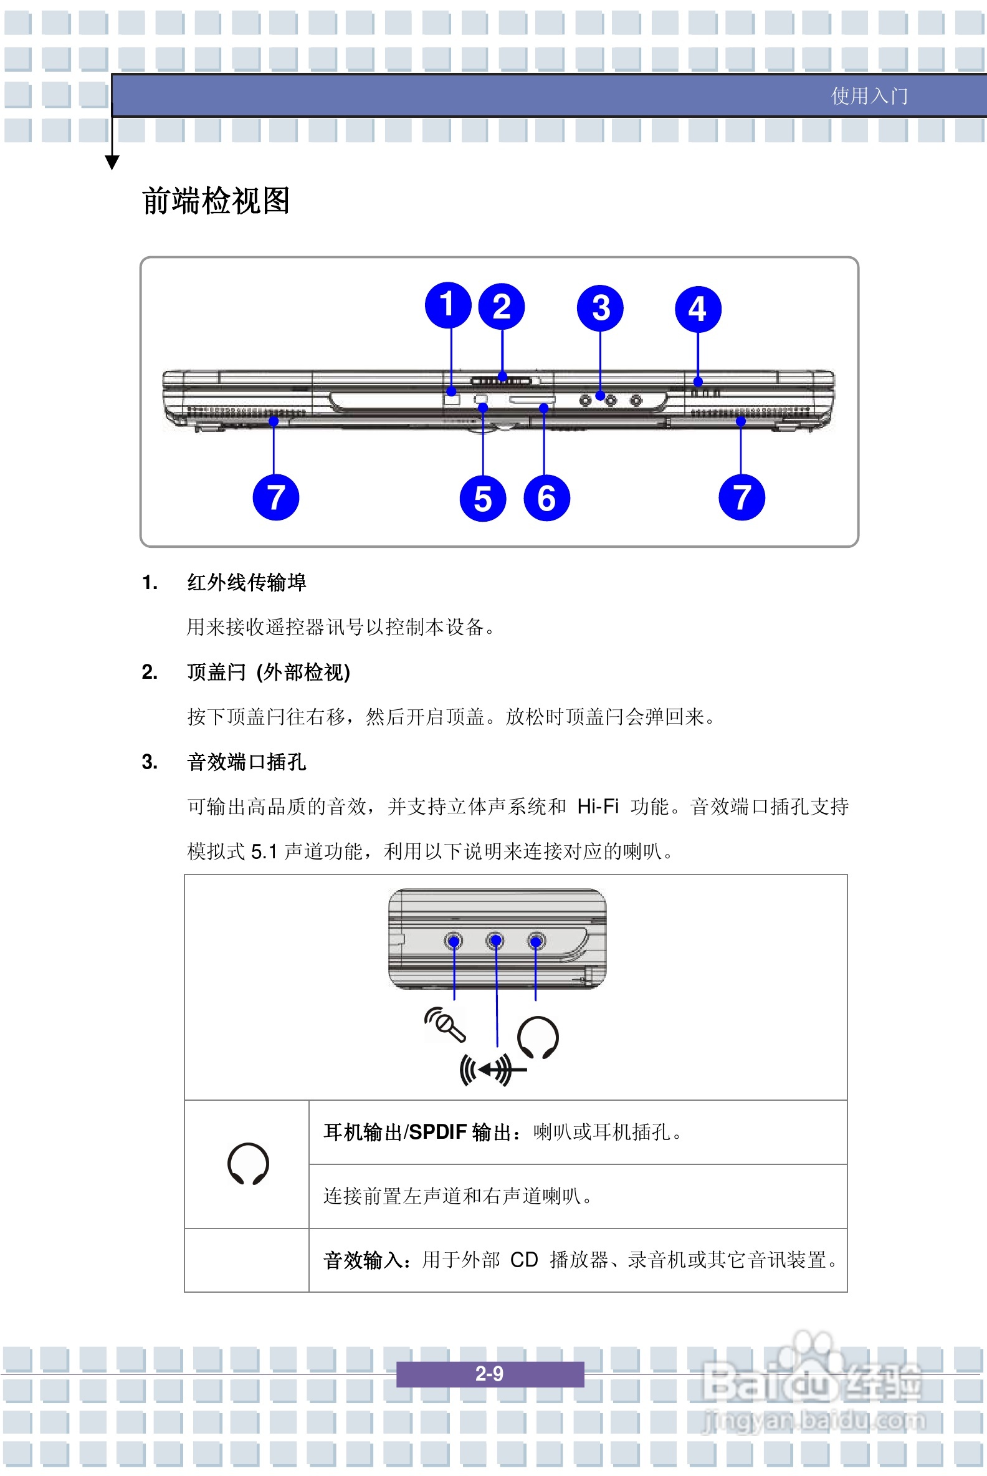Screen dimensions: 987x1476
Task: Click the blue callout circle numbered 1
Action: coord(447,305)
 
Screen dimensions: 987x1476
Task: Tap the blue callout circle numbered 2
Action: coord(502,307)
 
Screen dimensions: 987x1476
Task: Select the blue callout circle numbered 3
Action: coord(600,308)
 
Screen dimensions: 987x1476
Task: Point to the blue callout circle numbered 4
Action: coord(697,309)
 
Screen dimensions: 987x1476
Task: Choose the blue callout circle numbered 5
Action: coord(483,498)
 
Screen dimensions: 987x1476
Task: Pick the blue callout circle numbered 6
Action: coord(546,498)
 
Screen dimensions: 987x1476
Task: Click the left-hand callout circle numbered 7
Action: coord(275,497)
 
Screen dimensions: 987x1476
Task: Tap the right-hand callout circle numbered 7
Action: coord(741,497)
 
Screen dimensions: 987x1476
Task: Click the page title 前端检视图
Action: coord(216,201)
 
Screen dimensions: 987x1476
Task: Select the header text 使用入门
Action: coord(869,96)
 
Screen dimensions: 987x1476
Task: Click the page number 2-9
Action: coord(489,1373)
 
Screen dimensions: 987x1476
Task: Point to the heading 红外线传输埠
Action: coord(246,582)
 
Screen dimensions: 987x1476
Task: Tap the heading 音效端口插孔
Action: coord(246,762)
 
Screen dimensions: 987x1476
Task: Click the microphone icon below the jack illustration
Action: coord(445,1024)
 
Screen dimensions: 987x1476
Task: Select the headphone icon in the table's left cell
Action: coord(248,1164)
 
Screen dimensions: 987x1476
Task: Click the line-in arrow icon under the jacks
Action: coord(492,1069)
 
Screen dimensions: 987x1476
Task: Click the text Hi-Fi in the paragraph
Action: coord(598,806)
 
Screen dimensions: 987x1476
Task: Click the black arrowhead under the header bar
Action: coord(112,163)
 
